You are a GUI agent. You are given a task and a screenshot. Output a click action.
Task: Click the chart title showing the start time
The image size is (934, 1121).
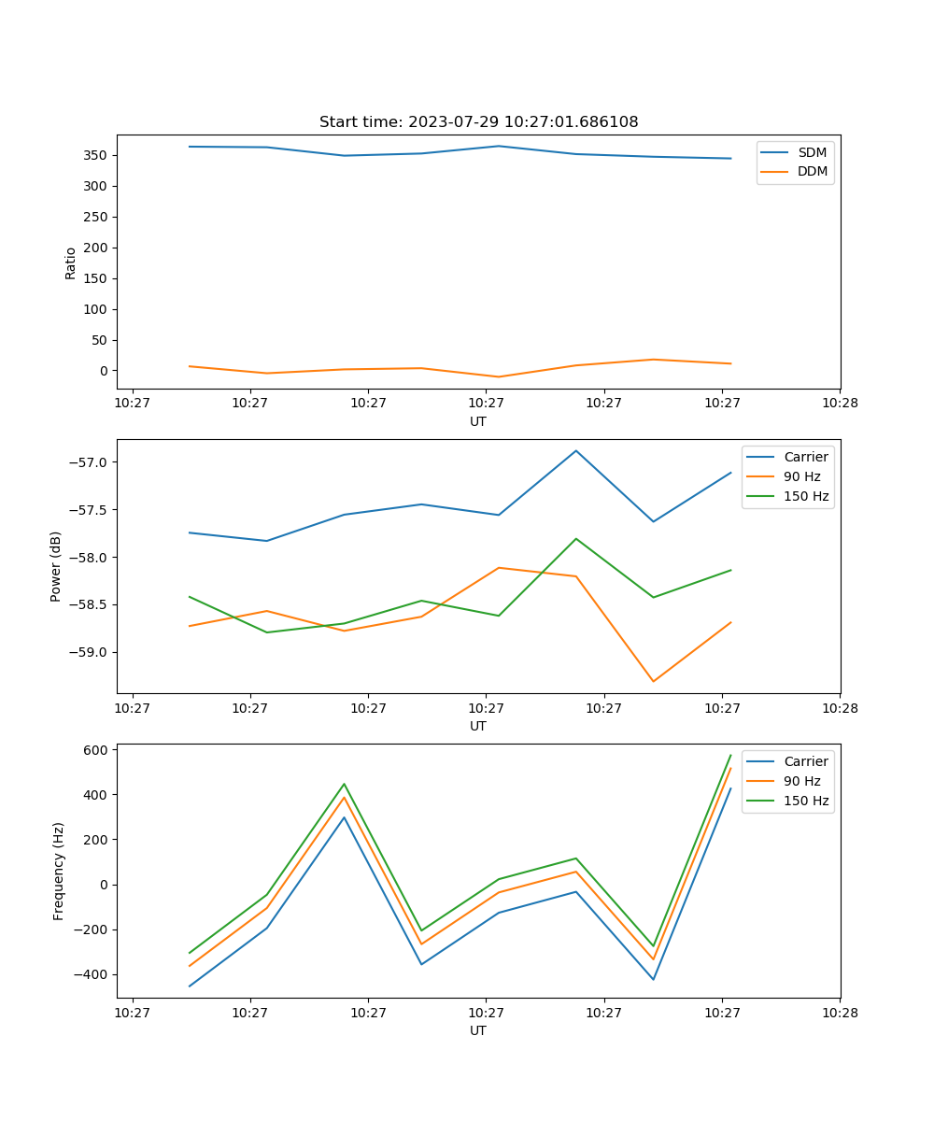[478, 122]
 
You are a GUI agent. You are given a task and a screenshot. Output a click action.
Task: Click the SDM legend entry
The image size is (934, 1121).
[812, 151]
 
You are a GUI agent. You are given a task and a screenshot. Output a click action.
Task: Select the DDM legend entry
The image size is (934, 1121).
[812, 171]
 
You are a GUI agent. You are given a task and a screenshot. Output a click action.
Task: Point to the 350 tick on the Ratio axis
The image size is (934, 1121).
[98, 155]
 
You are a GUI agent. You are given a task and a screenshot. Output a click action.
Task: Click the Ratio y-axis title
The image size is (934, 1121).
[71, 263]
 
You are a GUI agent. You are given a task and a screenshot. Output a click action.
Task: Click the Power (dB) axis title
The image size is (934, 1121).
[56, 566]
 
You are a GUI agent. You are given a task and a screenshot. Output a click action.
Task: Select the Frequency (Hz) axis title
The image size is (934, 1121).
[59, 871]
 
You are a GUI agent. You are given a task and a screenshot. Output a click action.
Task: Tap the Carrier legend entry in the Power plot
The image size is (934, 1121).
[805, 457]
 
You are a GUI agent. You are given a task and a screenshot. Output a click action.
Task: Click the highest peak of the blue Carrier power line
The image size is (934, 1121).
[576, 450]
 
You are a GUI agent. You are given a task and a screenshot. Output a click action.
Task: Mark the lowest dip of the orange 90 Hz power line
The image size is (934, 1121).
[653, 681]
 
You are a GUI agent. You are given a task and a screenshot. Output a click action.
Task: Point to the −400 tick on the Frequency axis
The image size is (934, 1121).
[92, 974]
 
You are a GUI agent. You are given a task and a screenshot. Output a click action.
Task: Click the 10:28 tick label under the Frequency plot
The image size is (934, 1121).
[840, 1012]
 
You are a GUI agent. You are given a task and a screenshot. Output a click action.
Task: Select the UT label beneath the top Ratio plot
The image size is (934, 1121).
[478, 421]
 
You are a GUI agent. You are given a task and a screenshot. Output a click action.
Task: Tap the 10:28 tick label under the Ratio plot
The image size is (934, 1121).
[840, 403]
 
